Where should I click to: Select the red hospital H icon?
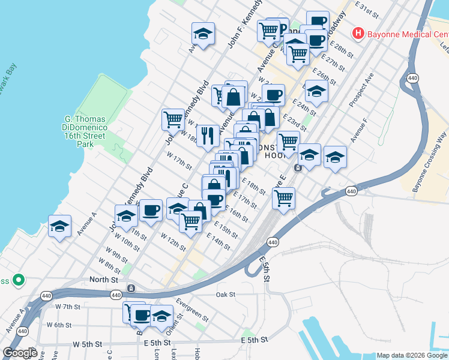pyautogui.click(x=358, y=33)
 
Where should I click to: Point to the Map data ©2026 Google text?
pyautogui.click(x=412, y=355)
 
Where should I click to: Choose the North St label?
pyautogui.click(x=104, y=280)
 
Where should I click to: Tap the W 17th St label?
pyautogui.click(x=179, y=161)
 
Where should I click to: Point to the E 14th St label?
pyautogui.click(x=218, y=241)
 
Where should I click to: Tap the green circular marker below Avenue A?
pyautogui.click(x=19, y=280)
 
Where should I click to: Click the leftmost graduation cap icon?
pyautogui.click(x=59, y=226)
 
